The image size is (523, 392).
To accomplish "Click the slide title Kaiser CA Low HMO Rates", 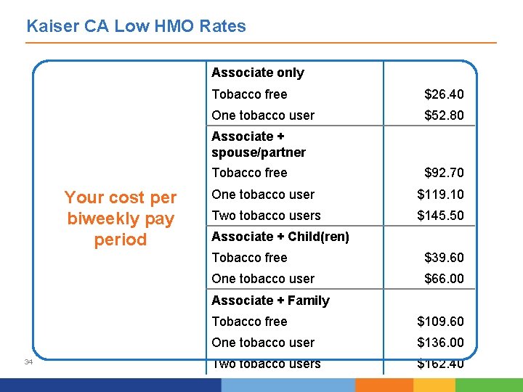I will [136, 27].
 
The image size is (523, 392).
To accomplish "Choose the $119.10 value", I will [440, 195].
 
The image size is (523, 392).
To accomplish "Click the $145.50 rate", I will [440, 216].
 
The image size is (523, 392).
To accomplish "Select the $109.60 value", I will [440, 322].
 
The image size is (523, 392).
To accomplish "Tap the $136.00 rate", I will [440, 343].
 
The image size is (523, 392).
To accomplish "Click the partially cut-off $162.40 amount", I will [440, 364].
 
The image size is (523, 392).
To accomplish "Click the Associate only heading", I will [257, 73].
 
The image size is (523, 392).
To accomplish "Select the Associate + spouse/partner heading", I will [258, 144].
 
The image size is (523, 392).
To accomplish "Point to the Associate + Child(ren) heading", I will [280, 237].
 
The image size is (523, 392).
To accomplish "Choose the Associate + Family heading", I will [270, 301].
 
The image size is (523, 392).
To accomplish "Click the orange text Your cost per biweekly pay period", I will [121, 219].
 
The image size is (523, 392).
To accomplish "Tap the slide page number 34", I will [28, 362].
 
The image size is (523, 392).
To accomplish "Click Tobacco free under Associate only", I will [249, 94].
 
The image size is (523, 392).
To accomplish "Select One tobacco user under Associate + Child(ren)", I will [263, 279].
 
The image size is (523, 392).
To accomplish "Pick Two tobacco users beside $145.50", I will [266, 216].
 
